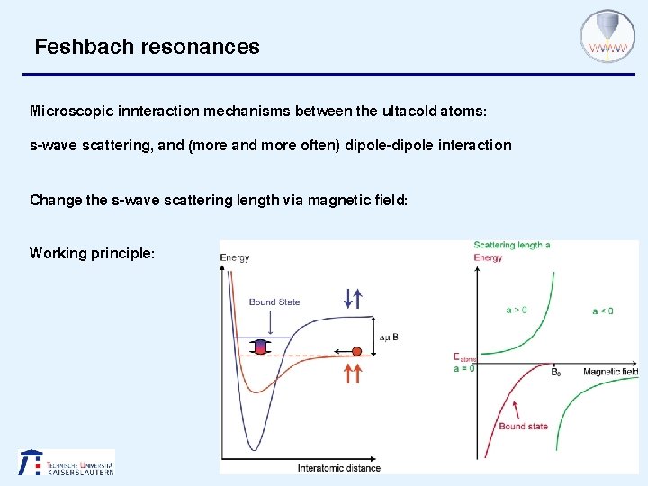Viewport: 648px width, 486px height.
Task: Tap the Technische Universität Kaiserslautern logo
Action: pos(67,462)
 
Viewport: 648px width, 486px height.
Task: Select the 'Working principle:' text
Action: pos(92,253)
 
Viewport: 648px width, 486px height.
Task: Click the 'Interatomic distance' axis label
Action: pos(338,468)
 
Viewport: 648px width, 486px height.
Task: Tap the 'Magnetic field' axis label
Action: pos(610,372)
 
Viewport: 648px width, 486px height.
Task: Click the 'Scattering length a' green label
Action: pos(511,245)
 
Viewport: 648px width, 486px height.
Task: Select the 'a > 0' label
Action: pos(517,310)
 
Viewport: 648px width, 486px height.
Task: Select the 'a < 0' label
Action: pos(602,311)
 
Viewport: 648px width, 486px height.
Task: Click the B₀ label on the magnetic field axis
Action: pos(556,372)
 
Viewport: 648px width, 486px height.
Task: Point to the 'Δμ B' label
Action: pos(388,337)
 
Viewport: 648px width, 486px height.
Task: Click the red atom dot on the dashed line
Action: pos(356,351)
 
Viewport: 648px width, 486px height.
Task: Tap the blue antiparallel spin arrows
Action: pos(353,298)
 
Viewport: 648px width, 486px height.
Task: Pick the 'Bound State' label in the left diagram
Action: pos(274,301)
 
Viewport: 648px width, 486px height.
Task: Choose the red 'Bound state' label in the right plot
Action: pos(523,427)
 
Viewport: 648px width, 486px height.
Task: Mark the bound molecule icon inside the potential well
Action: pos(260,346)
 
